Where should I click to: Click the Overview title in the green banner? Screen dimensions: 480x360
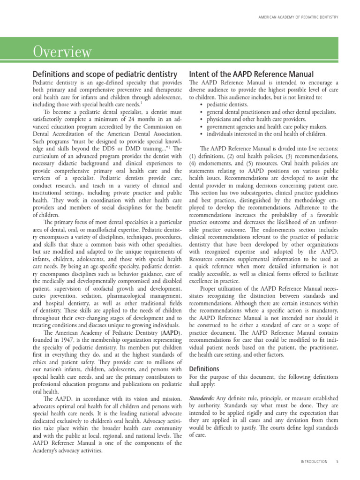point(62,52)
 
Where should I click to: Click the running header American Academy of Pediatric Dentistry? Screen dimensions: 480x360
point(299,18)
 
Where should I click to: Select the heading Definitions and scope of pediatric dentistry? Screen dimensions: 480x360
point(105,74)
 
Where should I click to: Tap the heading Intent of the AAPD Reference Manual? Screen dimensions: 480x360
point(251,74)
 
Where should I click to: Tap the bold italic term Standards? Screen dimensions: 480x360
point(202,398)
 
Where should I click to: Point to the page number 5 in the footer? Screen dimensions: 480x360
point(337,462)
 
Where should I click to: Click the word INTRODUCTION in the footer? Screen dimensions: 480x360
point(314,462)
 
